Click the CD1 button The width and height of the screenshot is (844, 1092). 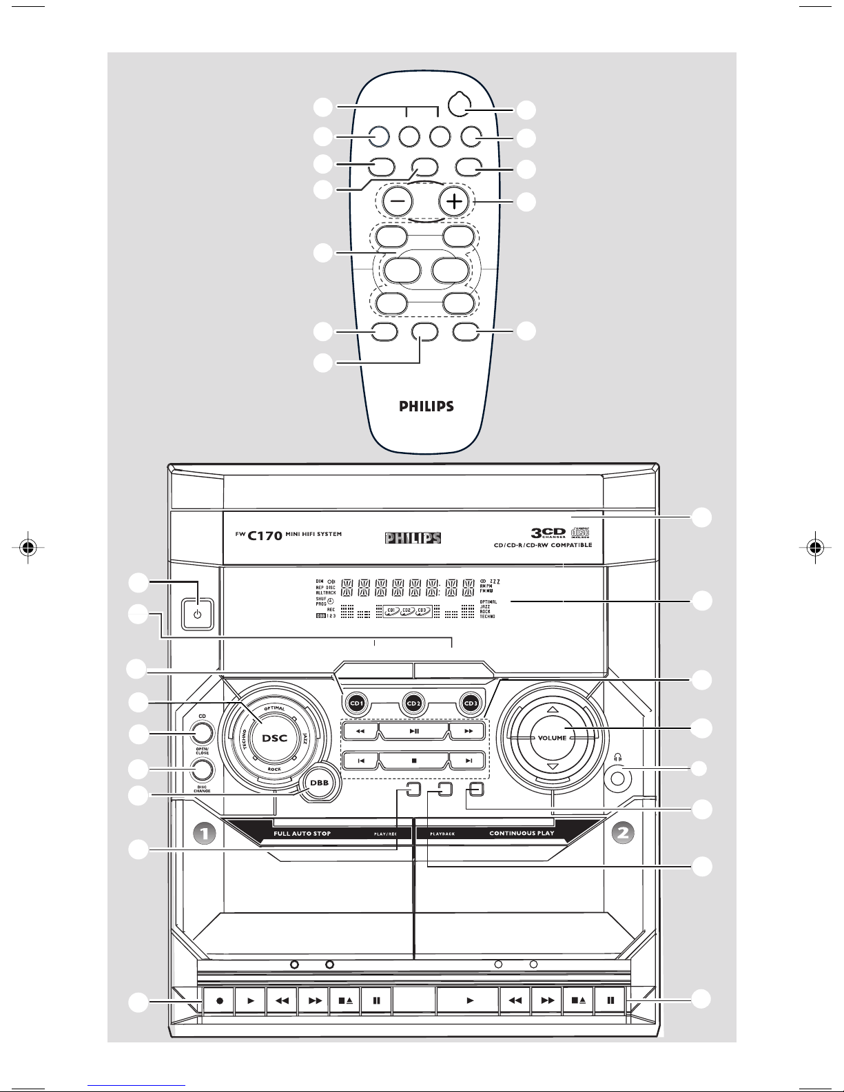pos(357,703)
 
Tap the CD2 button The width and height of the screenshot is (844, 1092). pos(413,703)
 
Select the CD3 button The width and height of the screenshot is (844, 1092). pos(470,703)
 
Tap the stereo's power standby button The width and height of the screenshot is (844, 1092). pos(198,614)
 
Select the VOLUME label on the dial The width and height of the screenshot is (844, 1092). pos(552,738)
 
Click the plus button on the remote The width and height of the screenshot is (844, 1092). pos(453,202)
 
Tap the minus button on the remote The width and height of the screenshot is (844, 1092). pos(398,202)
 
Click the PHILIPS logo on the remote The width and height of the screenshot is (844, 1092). pos(427,406)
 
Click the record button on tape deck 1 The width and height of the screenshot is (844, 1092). pos(219,1000)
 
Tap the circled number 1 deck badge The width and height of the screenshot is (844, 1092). pos(204,833)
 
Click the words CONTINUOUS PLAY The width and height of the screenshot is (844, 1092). pos(522,833)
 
